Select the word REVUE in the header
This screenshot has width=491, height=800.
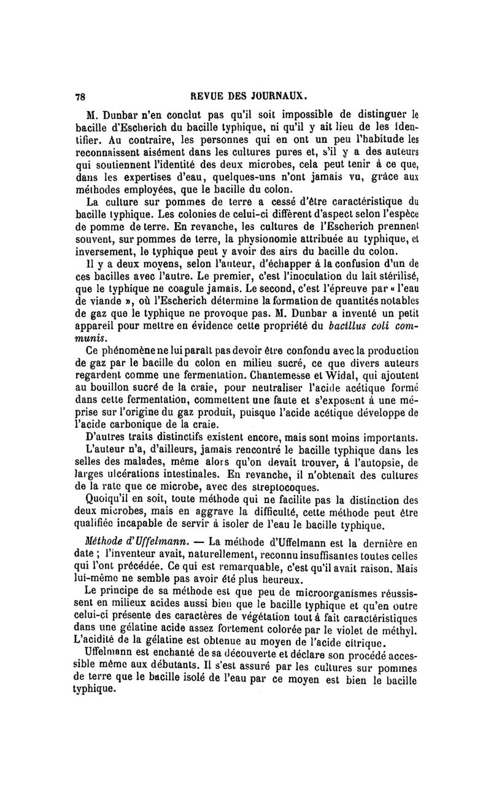tap(207, 96)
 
